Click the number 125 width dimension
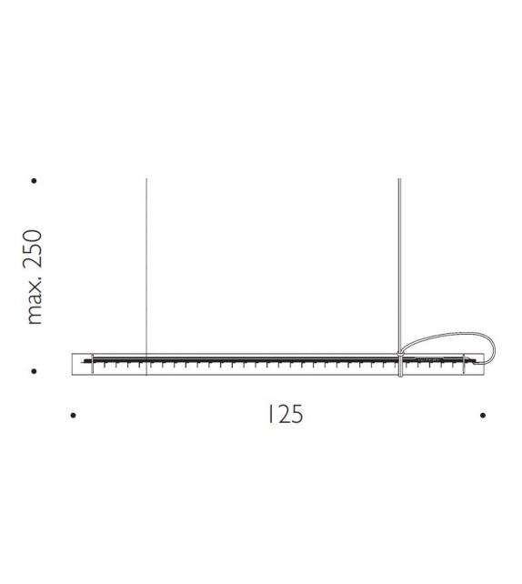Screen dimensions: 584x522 285,415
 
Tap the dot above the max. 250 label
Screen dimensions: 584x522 34,181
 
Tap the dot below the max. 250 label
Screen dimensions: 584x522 34,371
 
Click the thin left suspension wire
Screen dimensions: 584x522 147,264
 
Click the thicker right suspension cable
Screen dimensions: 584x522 400,264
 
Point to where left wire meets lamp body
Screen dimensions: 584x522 147,353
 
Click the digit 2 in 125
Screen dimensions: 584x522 282,415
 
